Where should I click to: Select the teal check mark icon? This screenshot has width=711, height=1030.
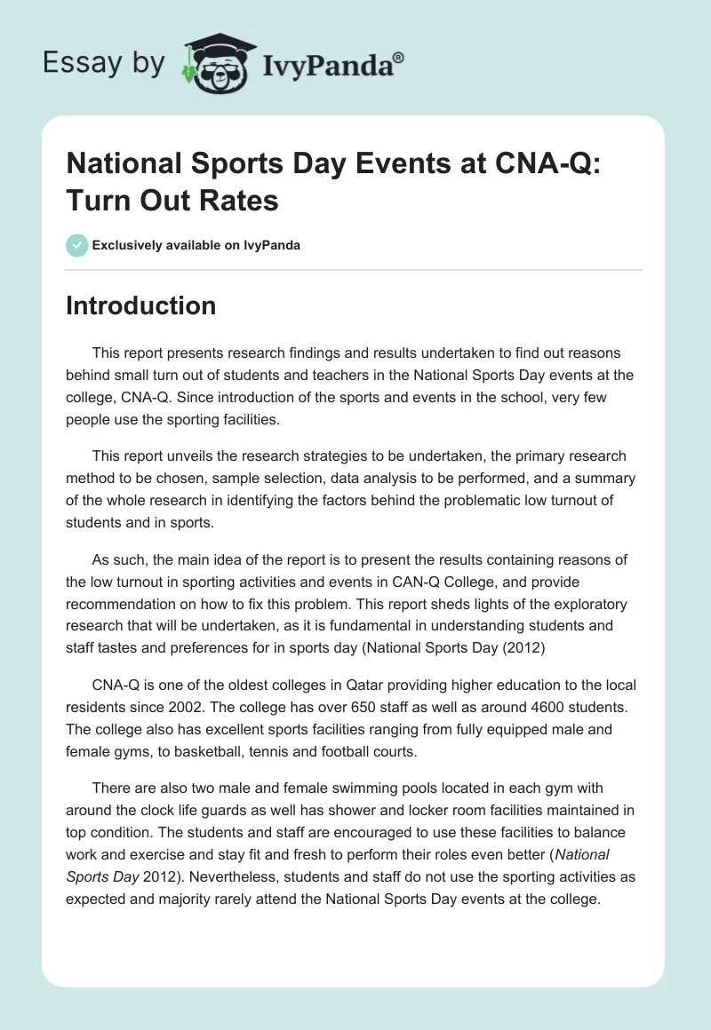click(76, 245)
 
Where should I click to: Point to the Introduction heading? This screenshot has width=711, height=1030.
click(141, 305)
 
